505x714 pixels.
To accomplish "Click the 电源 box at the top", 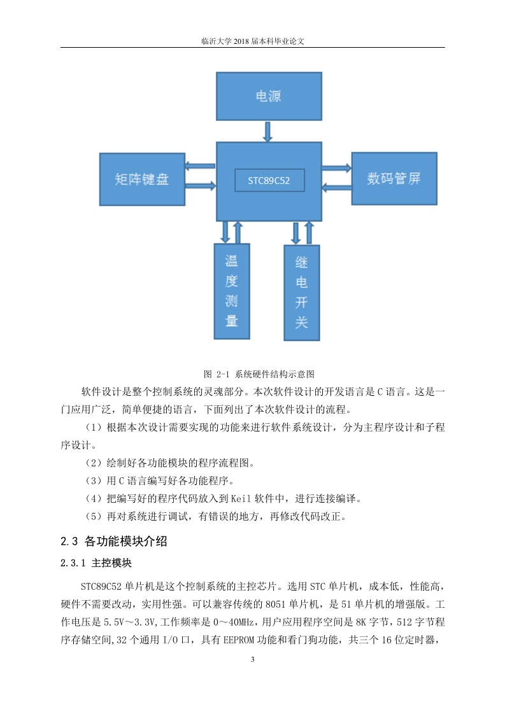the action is pos(269,96).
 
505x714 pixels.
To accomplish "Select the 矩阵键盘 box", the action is pos(142,179).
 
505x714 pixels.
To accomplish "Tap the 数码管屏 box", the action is pos(394,178).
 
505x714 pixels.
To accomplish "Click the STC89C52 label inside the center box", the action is pos(269,180).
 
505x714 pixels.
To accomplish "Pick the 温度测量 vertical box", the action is pos(232,291).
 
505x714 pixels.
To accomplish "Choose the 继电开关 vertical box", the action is pos(302,293).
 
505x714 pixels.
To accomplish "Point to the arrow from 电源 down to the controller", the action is pos(268,131).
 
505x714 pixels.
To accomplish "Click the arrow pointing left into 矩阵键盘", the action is pos(200,165).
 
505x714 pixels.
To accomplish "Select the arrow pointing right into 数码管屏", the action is pos(336,168).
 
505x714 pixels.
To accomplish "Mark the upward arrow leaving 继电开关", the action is pos(309,233).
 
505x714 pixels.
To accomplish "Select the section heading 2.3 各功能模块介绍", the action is pos(114,541).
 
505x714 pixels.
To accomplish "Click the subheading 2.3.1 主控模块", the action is pos(96,563).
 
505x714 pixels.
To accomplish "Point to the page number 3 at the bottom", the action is pos(252,659).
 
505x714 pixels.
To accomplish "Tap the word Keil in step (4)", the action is pos(241,499).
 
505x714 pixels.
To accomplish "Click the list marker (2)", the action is pos(94,463).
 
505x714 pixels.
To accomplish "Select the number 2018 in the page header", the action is pos(241,41).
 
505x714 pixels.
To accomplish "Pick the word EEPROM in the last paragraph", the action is pos(238,640).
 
